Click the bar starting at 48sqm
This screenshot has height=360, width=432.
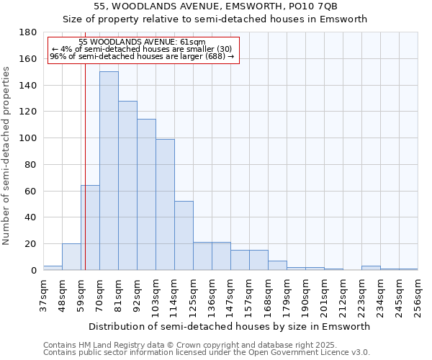[x=71, y=257]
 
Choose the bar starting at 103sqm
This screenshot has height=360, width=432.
[x=165, y=204]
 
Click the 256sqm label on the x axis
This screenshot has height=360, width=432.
[x=418, y=296]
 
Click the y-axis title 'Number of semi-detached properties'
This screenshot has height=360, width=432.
[x=7, y=156]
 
